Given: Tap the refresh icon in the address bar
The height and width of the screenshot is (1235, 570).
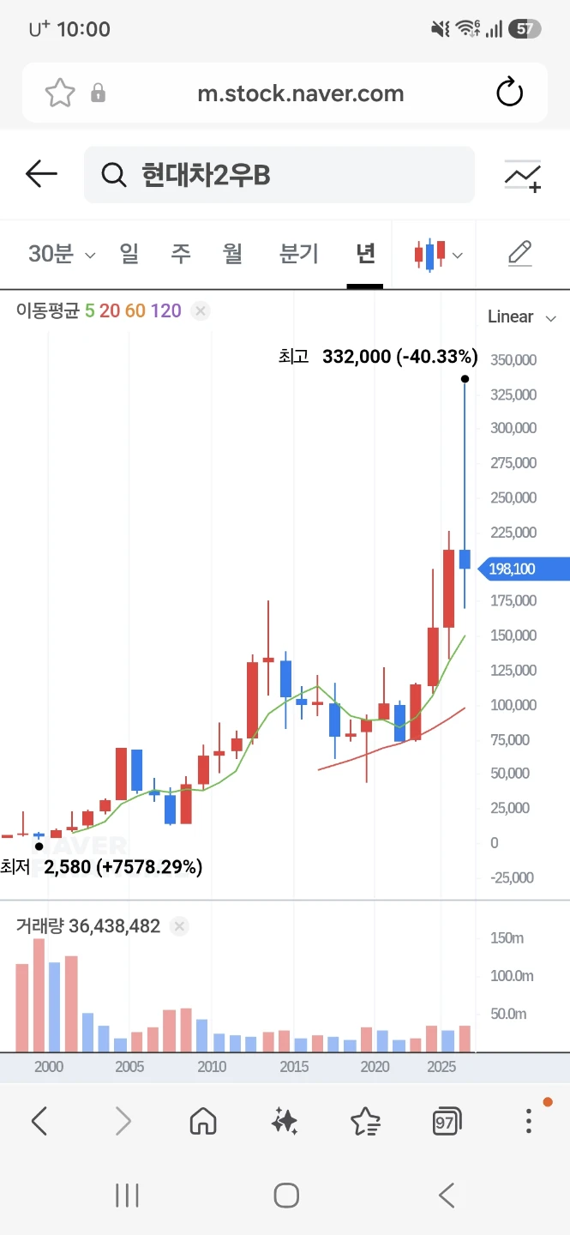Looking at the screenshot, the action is [509, 92].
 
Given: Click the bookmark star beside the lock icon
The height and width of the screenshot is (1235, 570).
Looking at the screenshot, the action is [59, 93].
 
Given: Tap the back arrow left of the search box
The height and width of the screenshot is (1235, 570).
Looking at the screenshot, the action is [41, 173].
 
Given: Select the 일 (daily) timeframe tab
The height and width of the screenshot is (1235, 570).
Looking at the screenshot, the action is [129, 254].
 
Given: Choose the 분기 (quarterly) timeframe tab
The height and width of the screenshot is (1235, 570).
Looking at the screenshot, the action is [299, 254].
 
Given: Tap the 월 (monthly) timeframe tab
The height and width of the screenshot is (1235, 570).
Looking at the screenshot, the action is [232, 254].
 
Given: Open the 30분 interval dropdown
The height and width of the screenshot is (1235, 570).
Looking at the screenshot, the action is [62, 254].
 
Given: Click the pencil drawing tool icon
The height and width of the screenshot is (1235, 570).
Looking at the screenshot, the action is [519, 254].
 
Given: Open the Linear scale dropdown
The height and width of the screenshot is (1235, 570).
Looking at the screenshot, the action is [521, 316].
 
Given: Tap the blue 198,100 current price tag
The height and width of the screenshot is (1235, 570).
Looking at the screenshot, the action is [523, 569].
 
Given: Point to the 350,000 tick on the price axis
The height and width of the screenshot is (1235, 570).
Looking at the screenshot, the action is [513, 359].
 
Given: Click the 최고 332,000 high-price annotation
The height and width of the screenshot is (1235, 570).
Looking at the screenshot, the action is [378, 356].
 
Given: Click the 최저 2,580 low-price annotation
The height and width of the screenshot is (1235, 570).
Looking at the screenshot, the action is [101, 867].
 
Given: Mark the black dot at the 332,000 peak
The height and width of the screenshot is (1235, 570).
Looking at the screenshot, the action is [465, 379].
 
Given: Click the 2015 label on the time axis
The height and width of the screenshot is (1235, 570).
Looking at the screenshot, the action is [294, 1066].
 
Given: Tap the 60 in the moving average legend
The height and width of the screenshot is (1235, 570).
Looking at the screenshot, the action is [135, 310].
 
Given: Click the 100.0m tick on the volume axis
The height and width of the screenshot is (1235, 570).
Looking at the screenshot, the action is [512, 975].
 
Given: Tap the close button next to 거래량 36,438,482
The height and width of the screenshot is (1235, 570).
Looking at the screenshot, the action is [179, 925].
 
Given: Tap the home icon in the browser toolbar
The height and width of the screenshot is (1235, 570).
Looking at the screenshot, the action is [203, 1121].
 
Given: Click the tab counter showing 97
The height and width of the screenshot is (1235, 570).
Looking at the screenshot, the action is [447, 1121].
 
